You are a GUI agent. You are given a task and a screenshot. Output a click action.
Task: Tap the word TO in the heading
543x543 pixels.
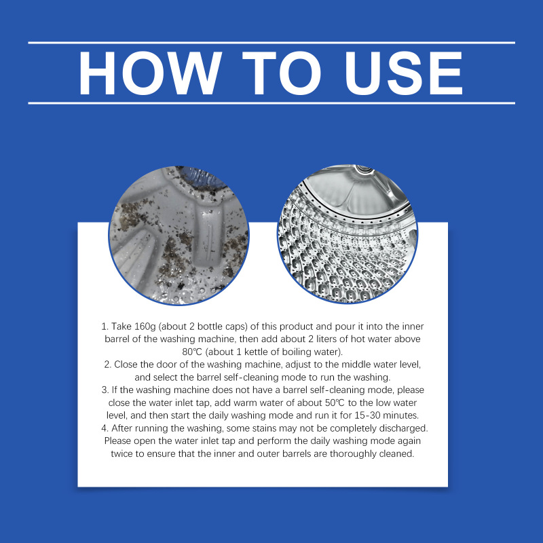tap(282, 73)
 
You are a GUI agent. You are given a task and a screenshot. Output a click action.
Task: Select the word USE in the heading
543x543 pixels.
tap(404, 73)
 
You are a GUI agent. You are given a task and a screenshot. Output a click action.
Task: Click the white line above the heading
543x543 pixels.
tap(271, 43)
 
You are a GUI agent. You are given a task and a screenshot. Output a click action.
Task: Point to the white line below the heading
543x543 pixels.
tap(271, 103)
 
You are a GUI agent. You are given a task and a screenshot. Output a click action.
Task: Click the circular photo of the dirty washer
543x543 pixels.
tap(179, 236)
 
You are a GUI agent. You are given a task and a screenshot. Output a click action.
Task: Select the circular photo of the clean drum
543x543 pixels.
tap(348, 234)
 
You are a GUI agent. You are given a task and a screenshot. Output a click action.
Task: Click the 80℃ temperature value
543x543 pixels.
tap(192, 352)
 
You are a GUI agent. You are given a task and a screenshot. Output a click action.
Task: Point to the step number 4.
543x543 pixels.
tap(105, 428)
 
